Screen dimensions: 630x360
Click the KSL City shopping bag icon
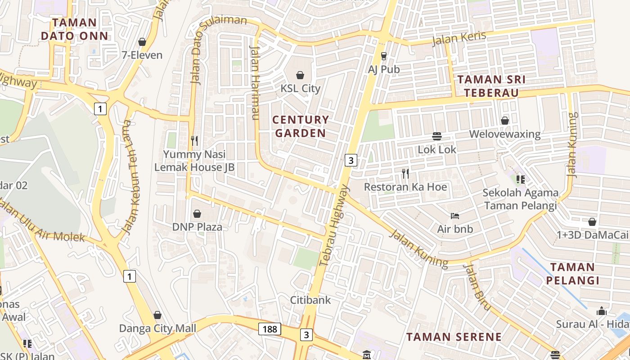point(300,75)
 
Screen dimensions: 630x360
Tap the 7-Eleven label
point(142,55)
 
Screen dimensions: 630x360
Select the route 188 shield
point(270,329)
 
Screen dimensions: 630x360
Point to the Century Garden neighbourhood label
point(301,126)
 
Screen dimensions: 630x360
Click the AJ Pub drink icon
point(384,56)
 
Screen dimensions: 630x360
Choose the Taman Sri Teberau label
point(491,86)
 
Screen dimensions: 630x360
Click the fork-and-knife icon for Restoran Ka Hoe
point(405,173)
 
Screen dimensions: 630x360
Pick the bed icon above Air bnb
point(455,216)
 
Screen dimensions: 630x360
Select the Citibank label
point(310,300)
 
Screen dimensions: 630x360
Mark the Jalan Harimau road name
point(255,83)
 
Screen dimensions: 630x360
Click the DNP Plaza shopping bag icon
point(197,214)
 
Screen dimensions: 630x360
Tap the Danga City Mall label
point(157,328)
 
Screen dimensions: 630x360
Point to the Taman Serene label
point(454,337)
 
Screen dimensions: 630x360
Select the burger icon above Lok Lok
point(436,136)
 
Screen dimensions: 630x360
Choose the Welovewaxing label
point(505,134)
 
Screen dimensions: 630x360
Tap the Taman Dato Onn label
point(75,29)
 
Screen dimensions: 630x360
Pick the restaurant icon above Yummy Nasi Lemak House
point(194,141)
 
